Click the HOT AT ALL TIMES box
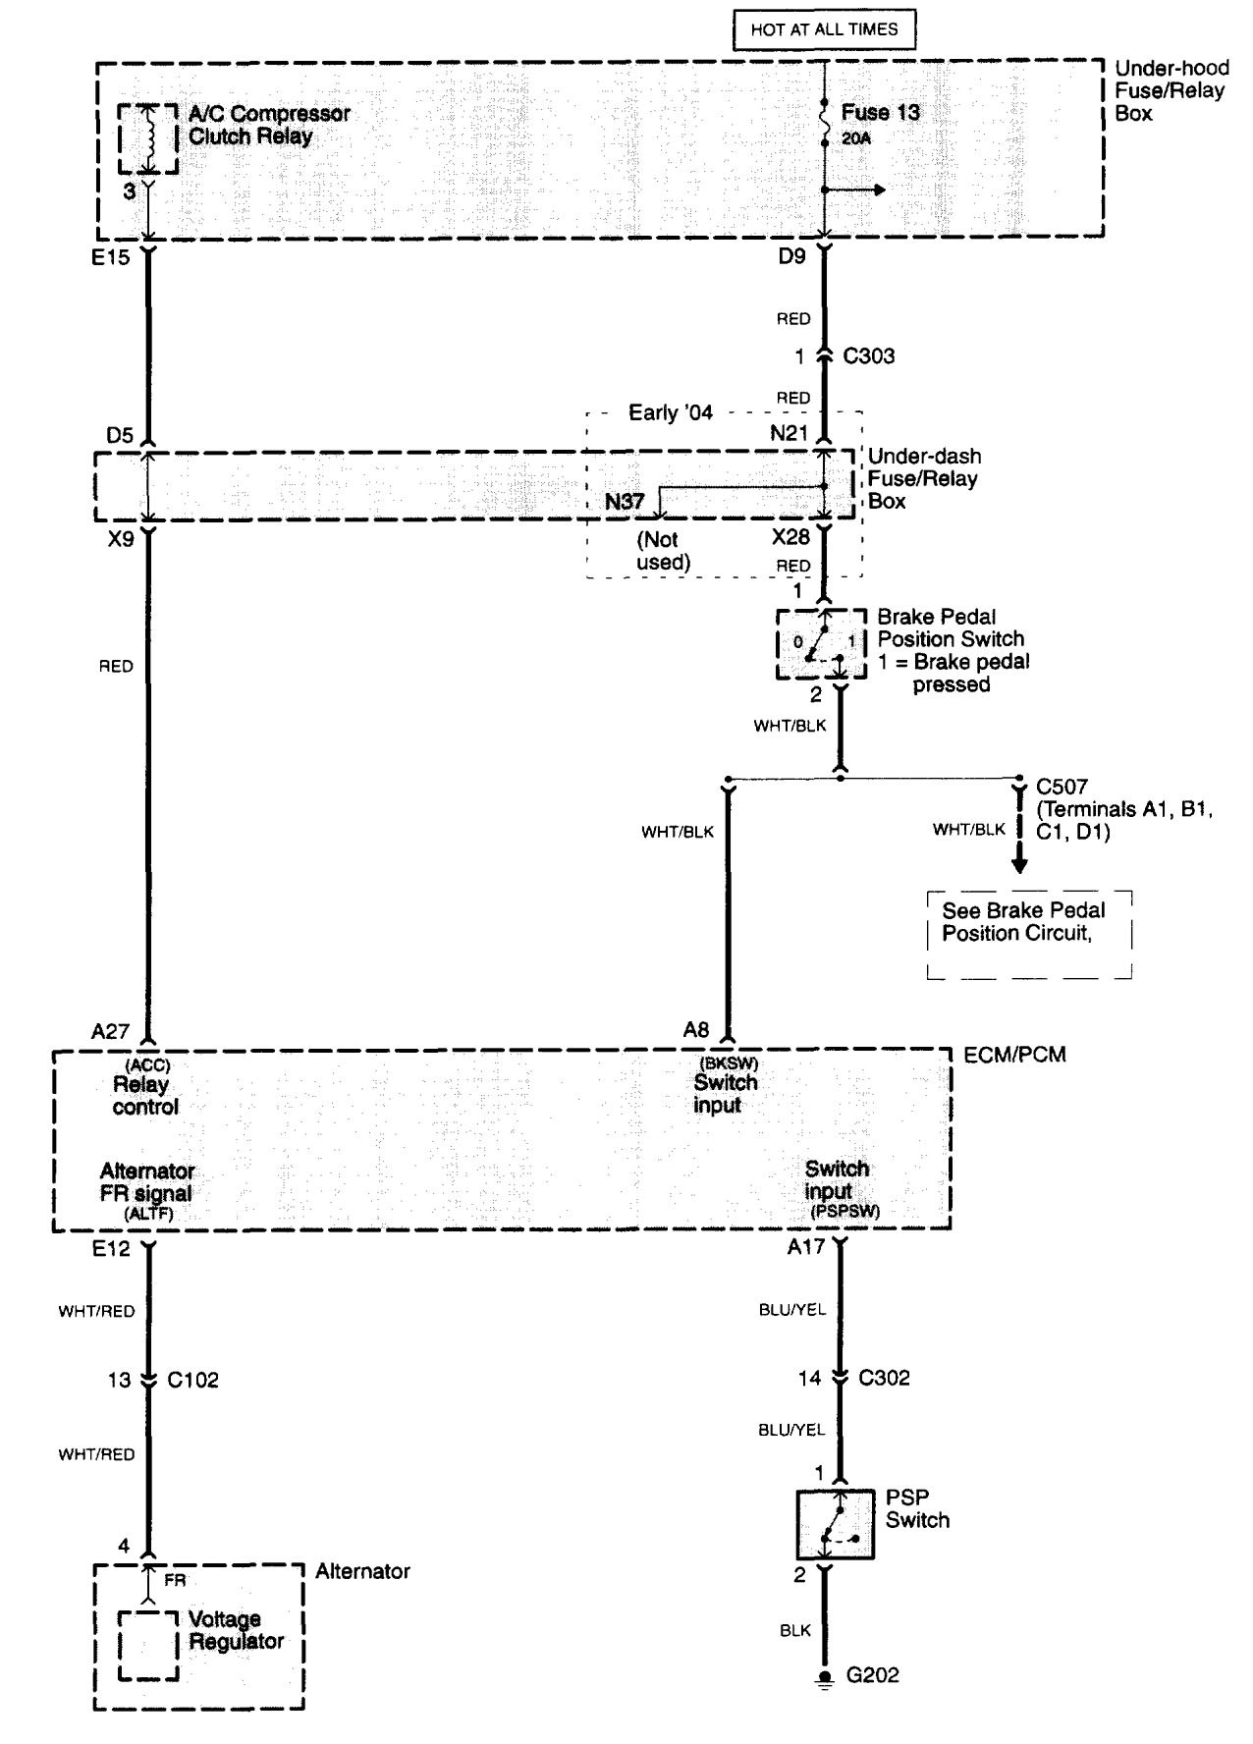point(824,29)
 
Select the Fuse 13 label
point(880,112)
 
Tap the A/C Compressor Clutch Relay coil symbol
point(149,137)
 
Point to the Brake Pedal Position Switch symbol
point(821,643)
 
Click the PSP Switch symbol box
point(835,1524)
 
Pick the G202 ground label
point(872,1675)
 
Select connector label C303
point(868,356)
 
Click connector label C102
point(192,1380)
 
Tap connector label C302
point(884,1378)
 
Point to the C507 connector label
point(1062,787)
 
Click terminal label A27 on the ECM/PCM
point(110,1031)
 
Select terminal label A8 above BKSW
point(696,1029)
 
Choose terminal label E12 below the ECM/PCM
point(111,1250)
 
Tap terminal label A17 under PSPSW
point(806,1247)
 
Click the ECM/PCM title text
point(1014,1055)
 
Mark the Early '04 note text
point(671,412)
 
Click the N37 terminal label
point(625,502)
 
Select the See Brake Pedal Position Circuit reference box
point(1029,935)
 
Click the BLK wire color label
point(795,1630)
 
